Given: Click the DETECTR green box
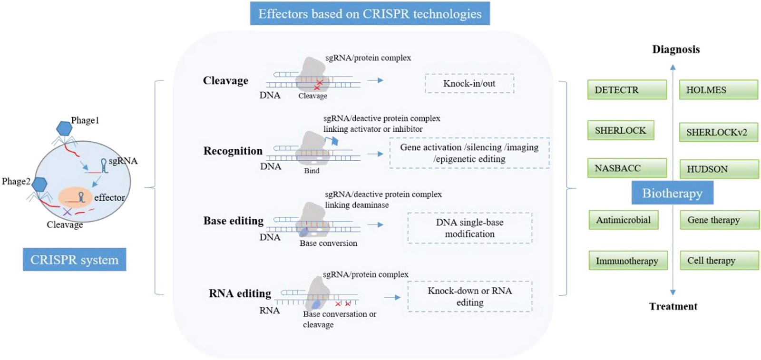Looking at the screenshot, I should coord(626,90).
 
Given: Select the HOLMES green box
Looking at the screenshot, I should coord(718,90).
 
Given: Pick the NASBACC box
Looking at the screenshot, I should coord(626,168).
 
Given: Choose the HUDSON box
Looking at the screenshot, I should coord(719,169).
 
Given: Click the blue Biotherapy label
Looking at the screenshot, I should coord(672,193).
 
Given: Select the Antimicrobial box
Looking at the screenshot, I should coord(623,220).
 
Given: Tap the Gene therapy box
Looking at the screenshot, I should coord(719,220).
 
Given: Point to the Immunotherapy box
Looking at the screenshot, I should coord(628,261).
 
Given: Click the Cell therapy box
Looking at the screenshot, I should coord(719,261).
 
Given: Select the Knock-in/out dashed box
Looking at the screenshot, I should coord(469,84).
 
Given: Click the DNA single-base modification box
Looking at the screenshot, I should coord(469,228).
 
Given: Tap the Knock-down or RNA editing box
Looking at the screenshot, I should coord(469,297).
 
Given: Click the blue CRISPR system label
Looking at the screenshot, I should coord(74,260).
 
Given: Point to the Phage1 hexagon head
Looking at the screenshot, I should coord(64,128).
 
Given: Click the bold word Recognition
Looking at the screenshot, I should coord(233,151).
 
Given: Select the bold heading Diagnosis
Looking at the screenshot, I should coord(675,49).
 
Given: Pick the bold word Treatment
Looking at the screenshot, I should coord(673,306).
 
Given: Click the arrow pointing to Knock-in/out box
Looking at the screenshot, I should coord(375,80).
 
